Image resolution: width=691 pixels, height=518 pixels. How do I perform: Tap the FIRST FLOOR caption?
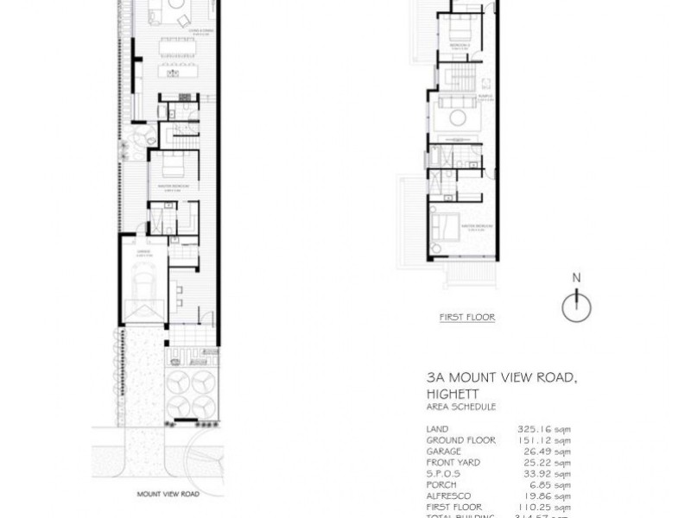[466, 317]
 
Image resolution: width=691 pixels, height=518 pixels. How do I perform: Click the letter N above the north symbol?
[576, 278]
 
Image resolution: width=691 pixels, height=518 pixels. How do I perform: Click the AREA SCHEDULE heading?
[460, 406]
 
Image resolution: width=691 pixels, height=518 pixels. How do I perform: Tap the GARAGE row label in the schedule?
[443, 450]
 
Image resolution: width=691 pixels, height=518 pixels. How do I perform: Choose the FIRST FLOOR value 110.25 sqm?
[549, 506]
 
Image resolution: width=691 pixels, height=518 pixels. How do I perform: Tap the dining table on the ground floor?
[172, 68]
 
